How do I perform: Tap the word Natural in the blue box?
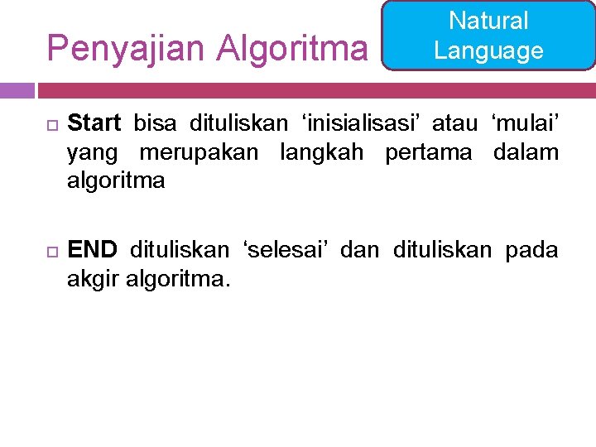tap(488, 21)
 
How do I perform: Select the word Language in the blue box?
tap(488, 50)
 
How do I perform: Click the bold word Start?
tap(94, 124)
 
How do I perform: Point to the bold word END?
tap(92, 250)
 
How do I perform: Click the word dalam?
tap(526, 152)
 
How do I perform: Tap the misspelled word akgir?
tap(93, 279)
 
